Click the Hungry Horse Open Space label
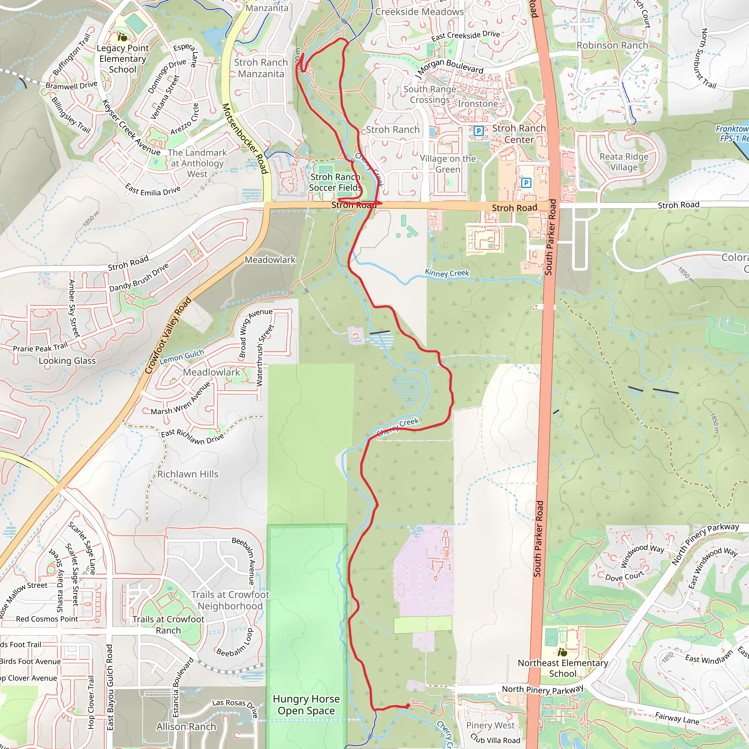pyautogui.click(x=306, y=705)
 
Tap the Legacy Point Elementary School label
pyautogui.click(x=123, y=59)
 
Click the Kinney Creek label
pyautogui.click(x=447, y=273)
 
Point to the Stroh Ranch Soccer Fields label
pyautogui.click(x=335, y=182)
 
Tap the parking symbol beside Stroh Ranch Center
pyautogui.click(x=478, y=131)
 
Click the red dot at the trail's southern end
pyautogui.click(x=407, y=706)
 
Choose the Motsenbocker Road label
pyautogui.click(x=245, y=138)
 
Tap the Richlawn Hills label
pyautogui.click(x=188, y=474)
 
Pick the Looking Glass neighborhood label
pyautogui.click(x=67, y=361)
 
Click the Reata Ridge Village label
pyautogui.click(x=624, y=162)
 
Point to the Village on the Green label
pyautogui.click(x=448, y=164)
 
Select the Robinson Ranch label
pyautogui.click(x=612, y=45)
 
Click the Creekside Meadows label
pyautogui.click(x=419, y=12)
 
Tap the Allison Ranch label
pyautogui.click(x=186, y=727)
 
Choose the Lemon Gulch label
pyautogui.click(x=181, y=357)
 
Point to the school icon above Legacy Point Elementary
pyautogui.click(x=123, y=38)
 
